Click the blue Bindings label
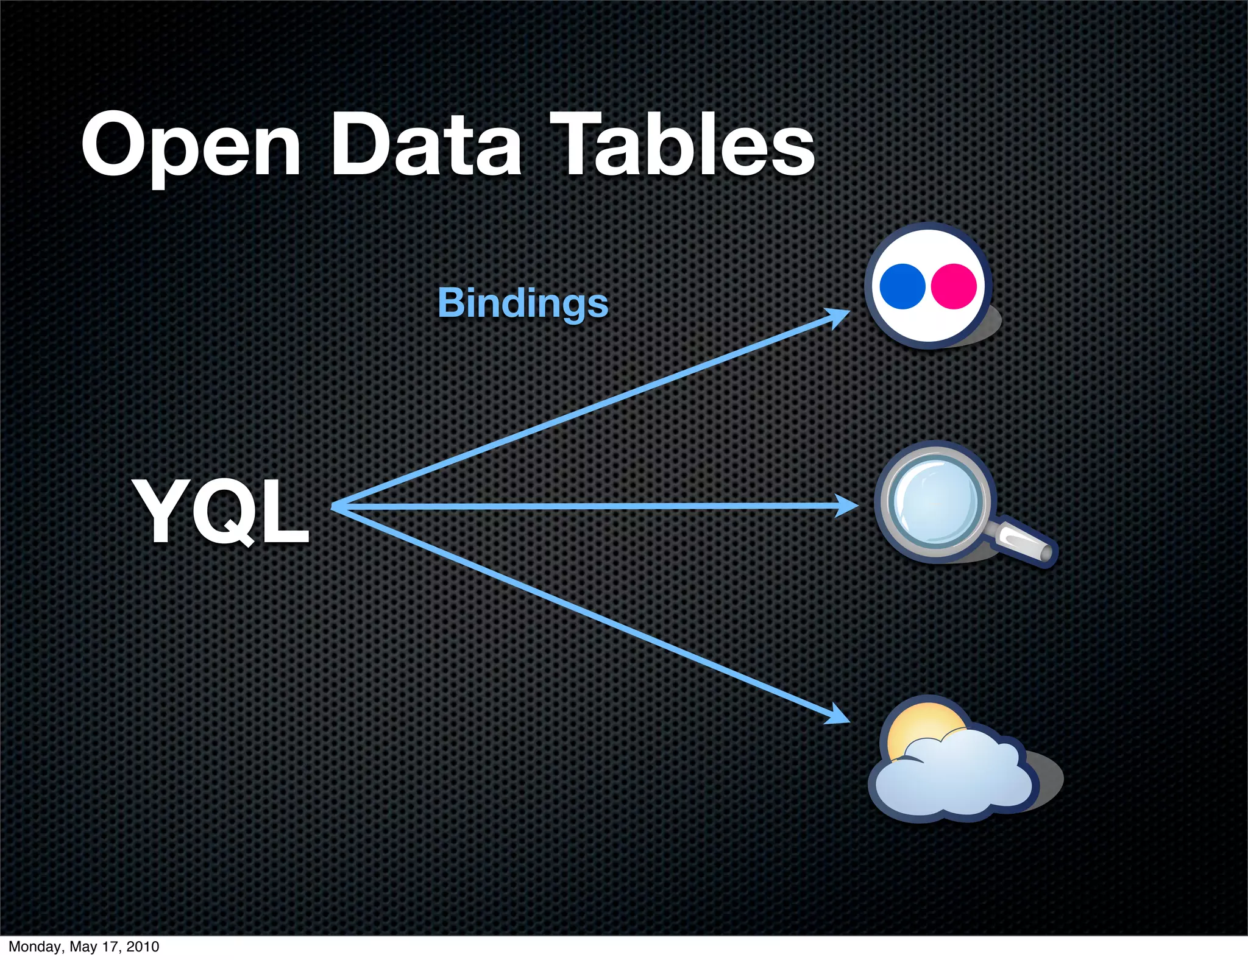(523, 303)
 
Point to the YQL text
(222, 512)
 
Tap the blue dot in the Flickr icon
(902, 286)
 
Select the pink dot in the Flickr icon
(954, 286)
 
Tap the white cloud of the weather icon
(957, 777)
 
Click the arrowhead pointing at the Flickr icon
(840, 317)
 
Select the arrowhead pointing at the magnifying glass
(848, 506)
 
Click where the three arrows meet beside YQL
(335, 506)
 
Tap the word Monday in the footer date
(34, 947)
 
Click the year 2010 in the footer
(143, 947)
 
